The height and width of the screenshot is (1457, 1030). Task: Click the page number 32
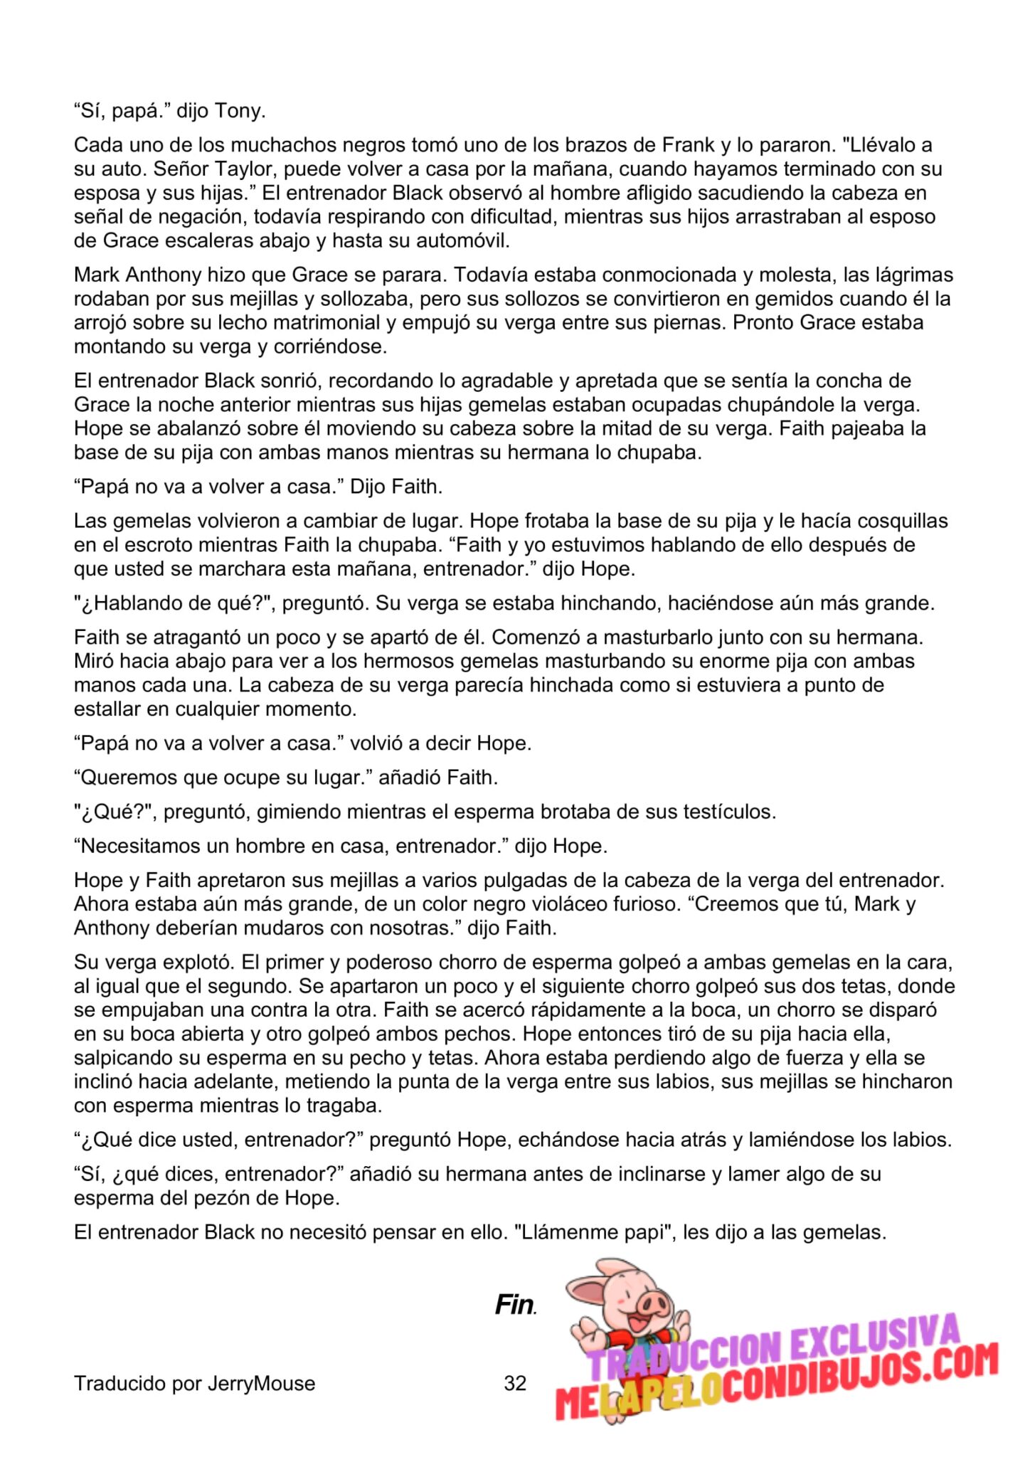tap(515, 1384)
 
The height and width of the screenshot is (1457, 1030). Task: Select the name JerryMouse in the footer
tap(261, 1384)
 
